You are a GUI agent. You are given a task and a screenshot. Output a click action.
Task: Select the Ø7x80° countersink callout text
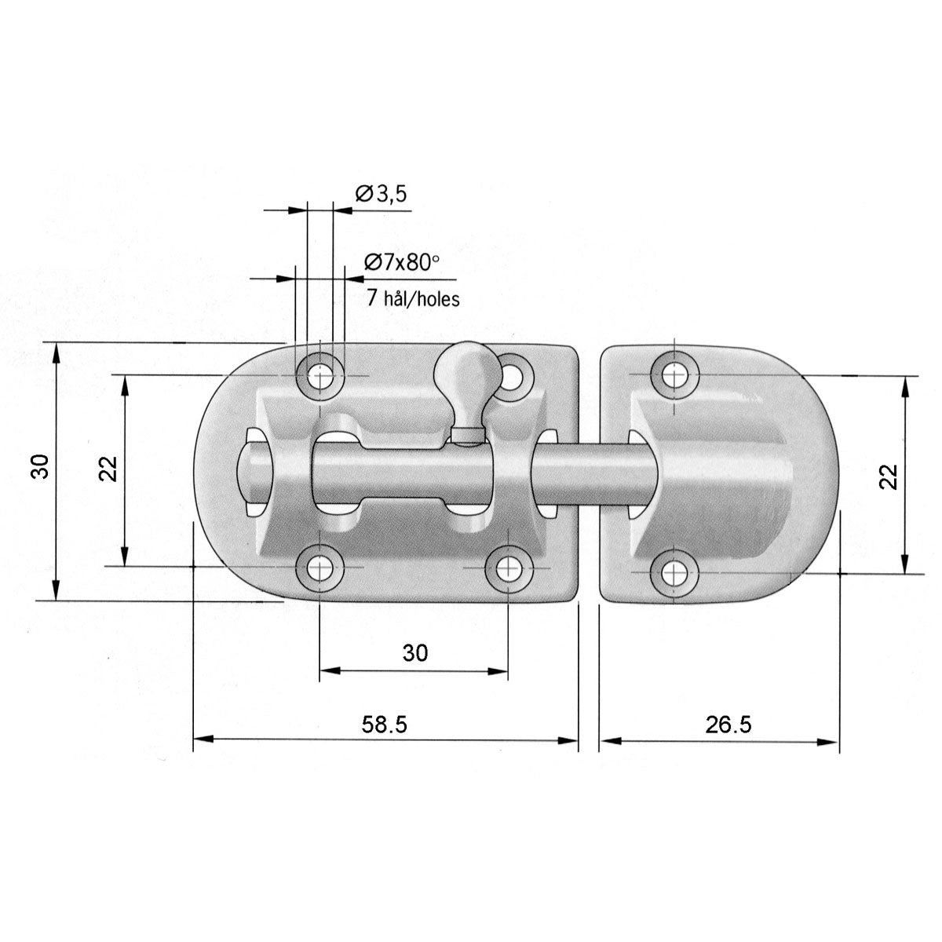pyautogui.click(x=400, y=263)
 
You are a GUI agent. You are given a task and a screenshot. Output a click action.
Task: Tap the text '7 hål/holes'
pyautogui.click(x=413, y=298)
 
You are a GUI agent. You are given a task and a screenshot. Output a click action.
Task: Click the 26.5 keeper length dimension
pyautogui.click(x=728, y=724)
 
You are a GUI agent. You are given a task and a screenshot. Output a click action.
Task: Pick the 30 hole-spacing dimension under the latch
pyautogui.click(x=415, y=652)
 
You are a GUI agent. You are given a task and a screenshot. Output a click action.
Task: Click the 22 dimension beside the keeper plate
pyautogui.click(x=887, y=476)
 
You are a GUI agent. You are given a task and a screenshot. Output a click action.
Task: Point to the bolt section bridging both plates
pyautogui.click(x=589, y=475)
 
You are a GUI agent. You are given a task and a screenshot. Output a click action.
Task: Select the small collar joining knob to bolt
pyautogui.click(x=466, y=434)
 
